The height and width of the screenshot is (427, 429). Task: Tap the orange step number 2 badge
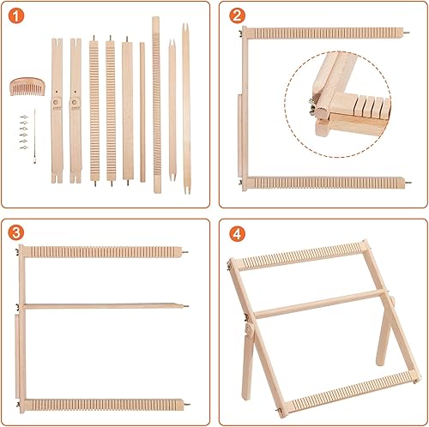click(237, 17)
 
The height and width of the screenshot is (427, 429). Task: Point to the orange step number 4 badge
click(237, 232)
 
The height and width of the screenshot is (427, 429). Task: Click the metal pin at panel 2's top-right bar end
click(403, 32)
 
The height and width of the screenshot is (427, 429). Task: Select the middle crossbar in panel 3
click(103, 304)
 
